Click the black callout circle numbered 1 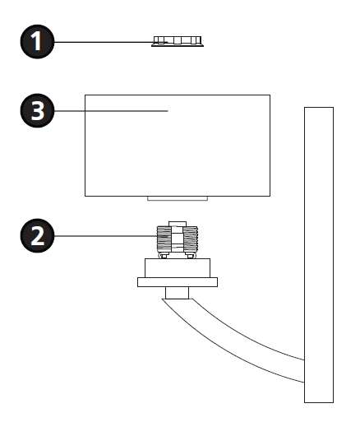coord(37,42)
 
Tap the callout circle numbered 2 coord(37,236)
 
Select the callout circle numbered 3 coord(37,111)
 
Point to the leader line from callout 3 coord(111,111)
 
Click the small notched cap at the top coord(178,41)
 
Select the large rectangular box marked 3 coord(178,146)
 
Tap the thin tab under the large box coord(178,198)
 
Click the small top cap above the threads coord(178,224)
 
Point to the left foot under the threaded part coord(164,256)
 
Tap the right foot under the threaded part coord(191,256)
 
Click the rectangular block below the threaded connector coord(178,268)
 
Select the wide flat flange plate coord(178,282)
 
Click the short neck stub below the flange coord(178,293)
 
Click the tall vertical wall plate coord(319,255)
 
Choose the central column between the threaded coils coord(178,239)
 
